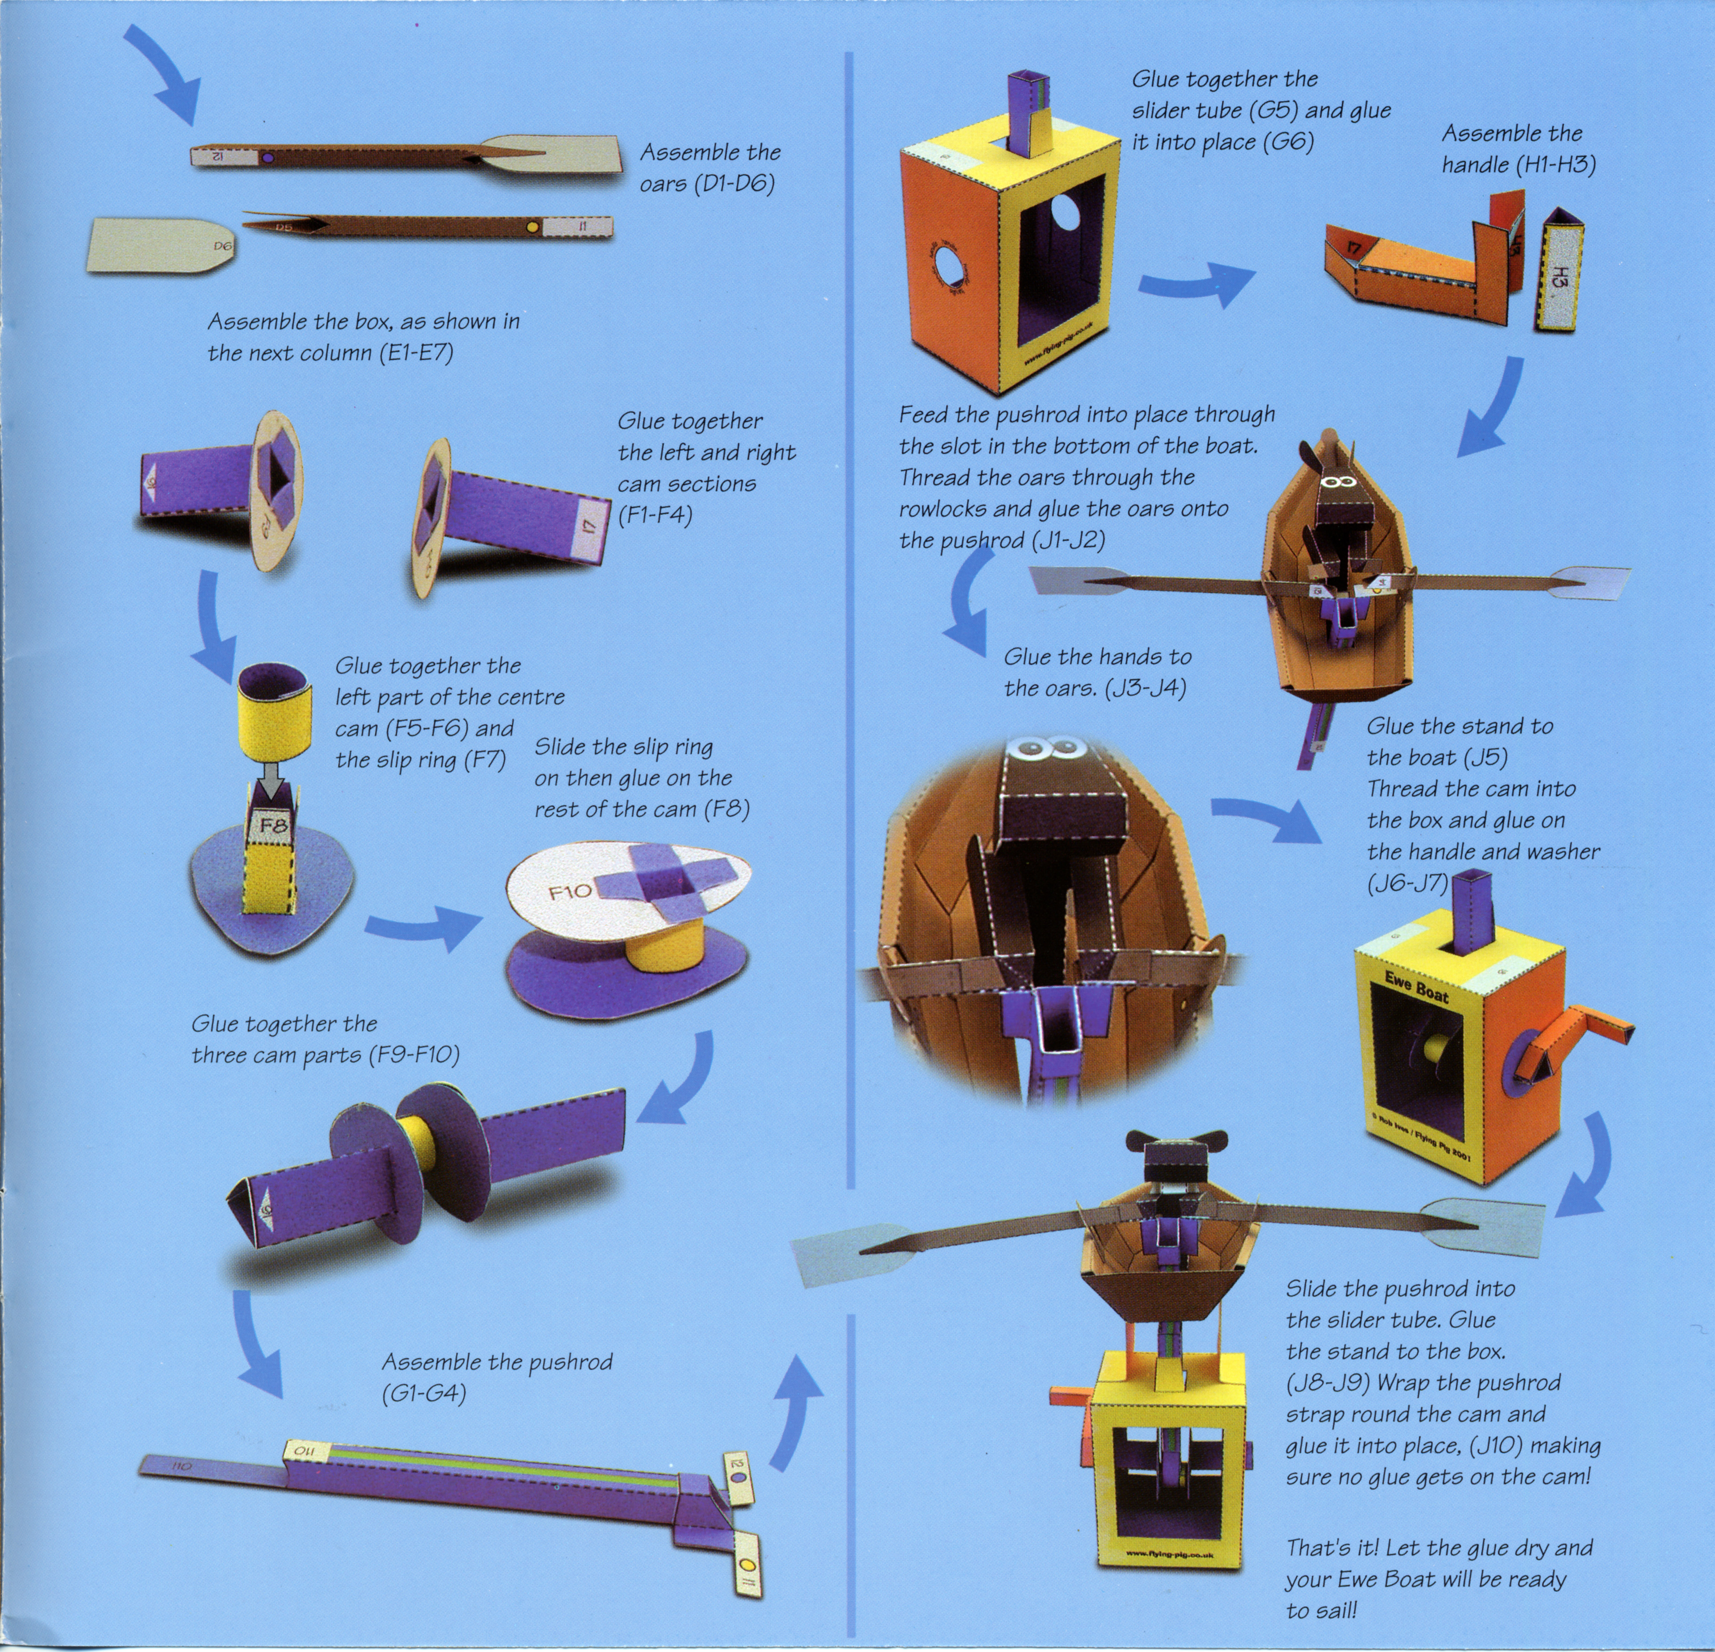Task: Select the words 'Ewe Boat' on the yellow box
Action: coord(1417,986)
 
